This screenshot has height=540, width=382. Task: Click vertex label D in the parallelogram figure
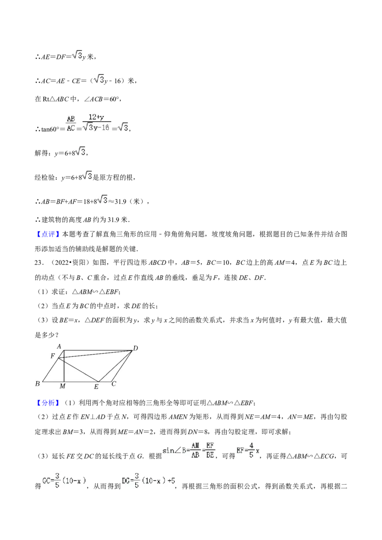tap(136, 348)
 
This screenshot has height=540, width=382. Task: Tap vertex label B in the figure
tap(37, 384)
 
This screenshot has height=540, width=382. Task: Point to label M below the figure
tap(63, 386)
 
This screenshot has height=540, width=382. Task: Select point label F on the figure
tap(53, 356)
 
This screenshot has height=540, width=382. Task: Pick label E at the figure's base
tap(96, 387)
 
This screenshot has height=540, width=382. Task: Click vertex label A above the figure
tap(59, 346)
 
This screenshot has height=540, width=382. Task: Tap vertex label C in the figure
tap(114, 384)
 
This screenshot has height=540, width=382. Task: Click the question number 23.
tap(39, 263)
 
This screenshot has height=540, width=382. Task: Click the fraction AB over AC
tap(71, 124)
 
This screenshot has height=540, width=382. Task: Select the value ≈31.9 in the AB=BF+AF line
tap(120, 201)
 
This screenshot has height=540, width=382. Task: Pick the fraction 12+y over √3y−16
tap(96, 123)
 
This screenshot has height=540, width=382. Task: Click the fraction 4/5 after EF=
tap(251, 450)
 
